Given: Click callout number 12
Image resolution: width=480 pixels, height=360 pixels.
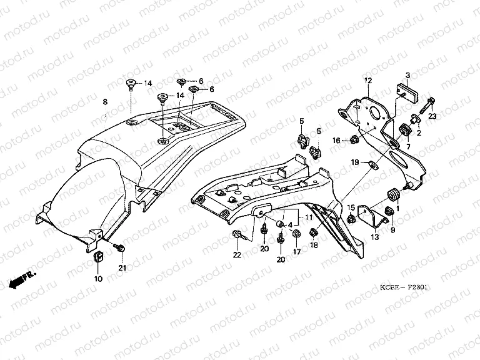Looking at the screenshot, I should pos(368,81).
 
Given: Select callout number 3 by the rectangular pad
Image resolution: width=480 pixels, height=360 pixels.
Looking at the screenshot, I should pos(407,75).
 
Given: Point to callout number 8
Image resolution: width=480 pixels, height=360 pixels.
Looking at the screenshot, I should pos(105,101).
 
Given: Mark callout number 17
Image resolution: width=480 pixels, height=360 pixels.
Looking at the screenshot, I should pos(297,251).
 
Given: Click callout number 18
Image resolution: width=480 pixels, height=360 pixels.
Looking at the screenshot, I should pos(314,246).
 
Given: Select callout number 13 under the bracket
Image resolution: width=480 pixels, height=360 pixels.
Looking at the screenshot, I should pos(375,237).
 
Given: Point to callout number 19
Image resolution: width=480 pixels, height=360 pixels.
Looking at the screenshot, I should pos(354,162).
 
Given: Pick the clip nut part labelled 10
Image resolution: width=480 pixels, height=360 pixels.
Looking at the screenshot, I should pos(98,257).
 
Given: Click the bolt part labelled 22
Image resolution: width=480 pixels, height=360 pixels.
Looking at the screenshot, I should pos(238,236).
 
